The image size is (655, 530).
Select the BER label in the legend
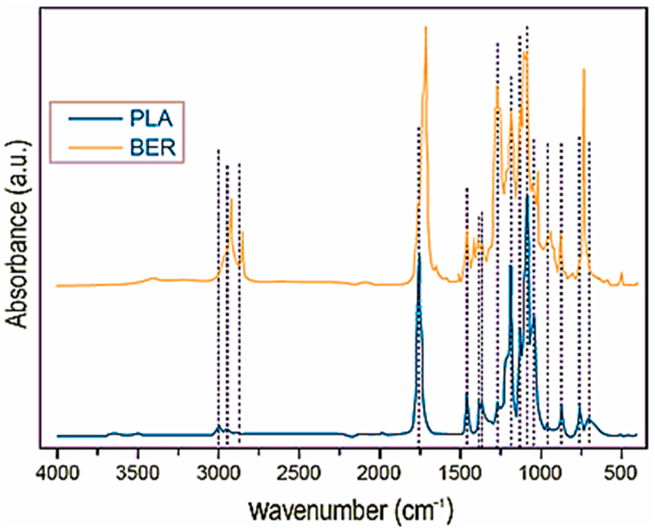point(153,148)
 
